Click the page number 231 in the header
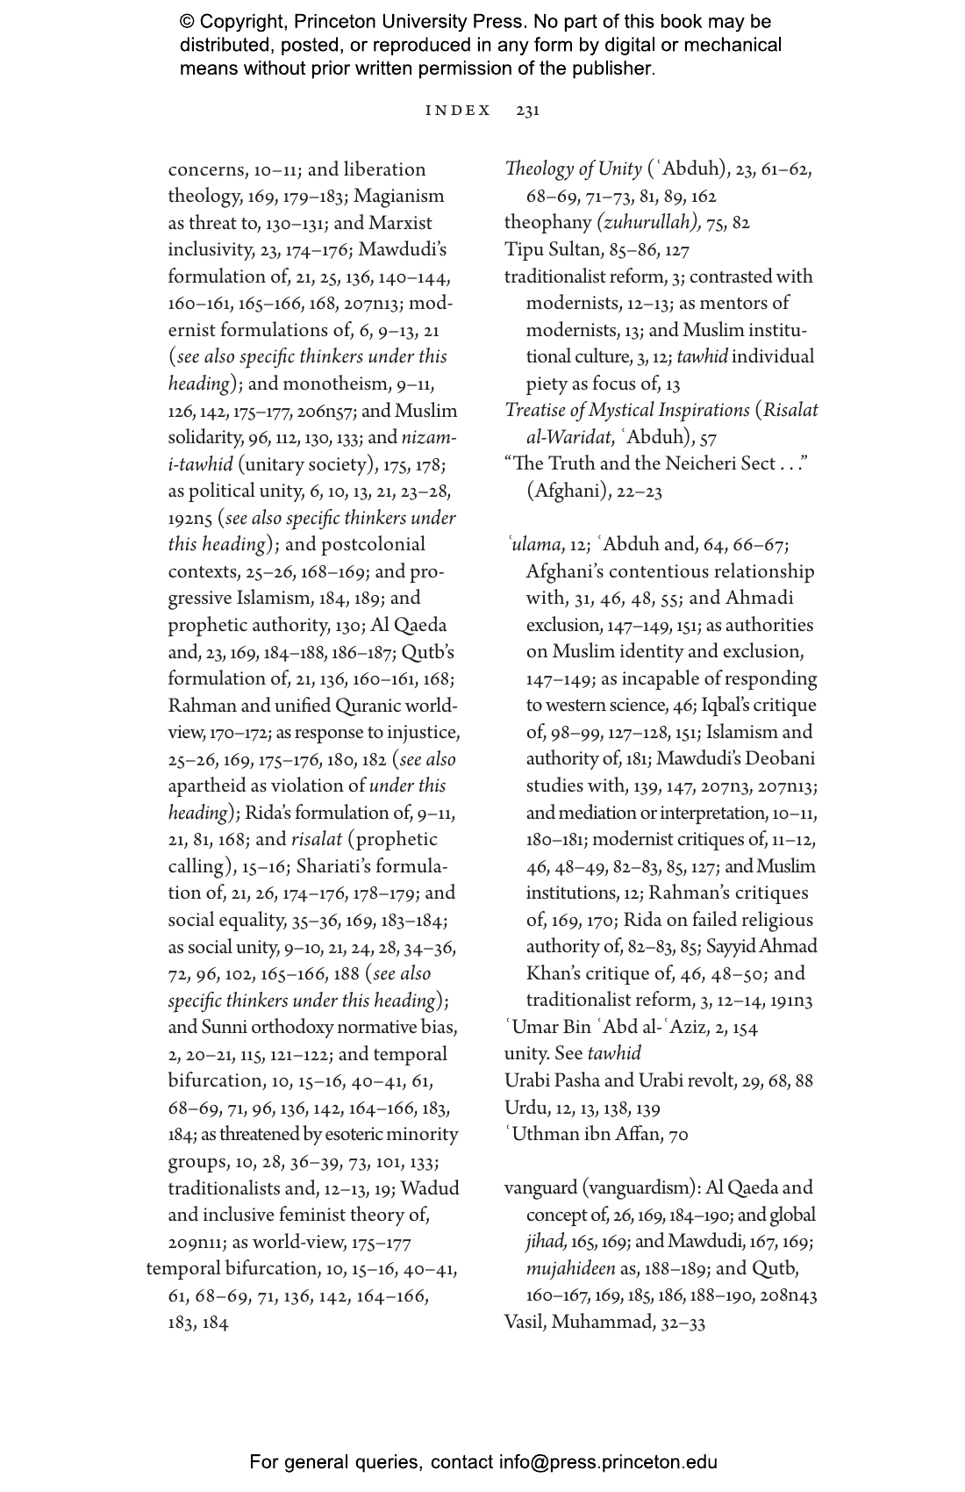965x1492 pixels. pyautogui.click(x=528, y=111)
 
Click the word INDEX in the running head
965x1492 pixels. pyautogui.click(x=458, y=111)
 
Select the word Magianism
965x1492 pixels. pyautogui.click(x=399, y=196)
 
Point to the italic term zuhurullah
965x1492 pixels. pyautogui.click(x=648, y=223)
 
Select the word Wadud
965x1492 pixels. pyautogui.click(x=430, y=1188)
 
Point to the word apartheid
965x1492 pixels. pyautogui.click(x=211, y=785)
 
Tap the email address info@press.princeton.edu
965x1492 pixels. pyautogui.click(x=608, y=1462)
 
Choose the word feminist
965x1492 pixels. pyautogui.click(x=310, y=1215)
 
